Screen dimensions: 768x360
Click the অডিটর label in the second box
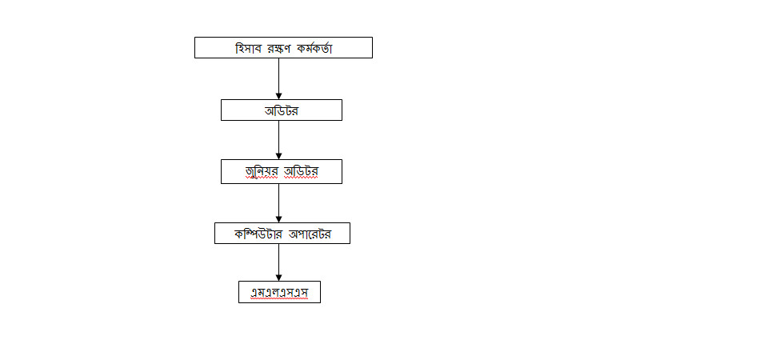[282, 110]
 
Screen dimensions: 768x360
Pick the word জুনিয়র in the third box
[262, 171]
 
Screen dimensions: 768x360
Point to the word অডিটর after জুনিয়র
[301, 171]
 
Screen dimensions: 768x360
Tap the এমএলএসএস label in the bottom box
[280, 293]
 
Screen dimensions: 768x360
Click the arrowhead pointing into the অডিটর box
[278, 96]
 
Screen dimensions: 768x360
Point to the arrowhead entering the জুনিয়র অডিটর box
[278, 156]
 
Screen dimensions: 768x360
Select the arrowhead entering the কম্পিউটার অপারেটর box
[278, 219]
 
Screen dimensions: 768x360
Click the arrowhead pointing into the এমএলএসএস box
[278, 278]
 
